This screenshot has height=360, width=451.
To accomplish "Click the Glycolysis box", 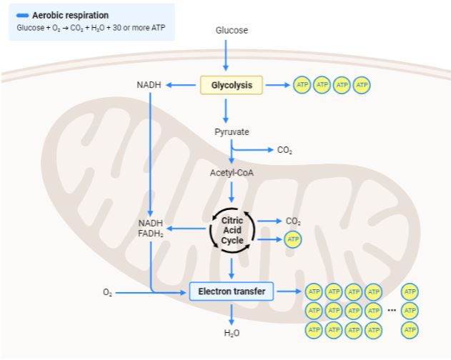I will [x=232, y=86].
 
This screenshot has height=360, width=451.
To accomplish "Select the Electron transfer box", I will [x=232, y=291].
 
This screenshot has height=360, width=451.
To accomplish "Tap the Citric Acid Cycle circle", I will [x=232, y=231].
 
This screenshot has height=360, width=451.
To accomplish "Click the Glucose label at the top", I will [x=232, y=31].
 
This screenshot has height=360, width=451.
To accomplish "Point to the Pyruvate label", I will [x=232, y=132].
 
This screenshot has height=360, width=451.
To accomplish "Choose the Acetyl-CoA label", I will [x=232, y=173].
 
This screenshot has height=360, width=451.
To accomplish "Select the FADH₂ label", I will [x=151, y=234].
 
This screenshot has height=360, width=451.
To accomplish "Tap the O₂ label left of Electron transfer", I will [x=107, y=292].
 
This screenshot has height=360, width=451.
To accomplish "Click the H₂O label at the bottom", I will [x=232, y=333].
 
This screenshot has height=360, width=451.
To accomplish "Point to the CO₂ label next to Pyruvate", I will [x=284, y=150].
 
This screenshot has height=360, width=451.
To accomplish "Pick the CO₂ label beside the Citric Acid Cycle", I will [x=293, y=221].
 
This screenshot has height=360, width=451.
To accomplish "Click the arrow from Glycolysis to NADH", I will [x=183, y=86].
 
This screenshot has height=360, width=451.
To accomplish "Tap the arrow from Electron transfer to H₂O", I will [x=232, y=313].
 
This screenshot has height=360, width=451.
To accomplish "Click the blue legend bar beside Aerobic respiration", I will [x=21, y=15].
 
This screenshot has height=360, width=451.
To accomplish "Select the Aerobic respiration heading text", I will [x=70, y=15].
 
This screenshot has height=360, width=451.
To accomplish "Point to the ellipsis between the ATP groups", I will [x=392, y=311].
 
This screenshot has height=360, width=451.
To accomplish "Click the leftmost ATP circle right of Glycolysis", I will [x=302, y=86].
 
